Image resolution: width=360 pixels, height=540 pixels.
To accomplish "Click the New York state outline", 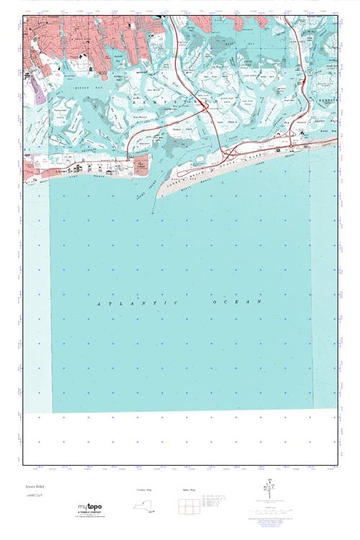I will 144,507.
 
